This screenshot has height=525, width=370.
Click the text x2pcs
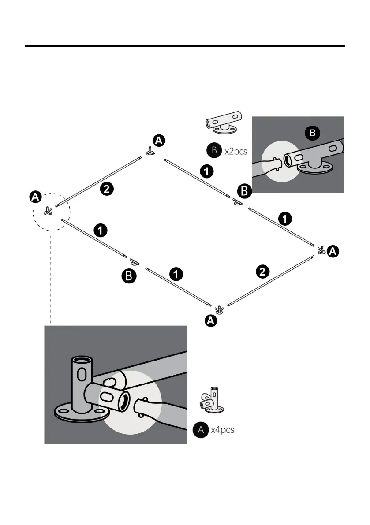(236, 151)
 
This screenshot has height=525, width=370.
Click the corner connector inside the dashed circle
(48, 211)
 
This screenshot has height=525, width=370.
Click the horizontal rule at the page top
(185, 46)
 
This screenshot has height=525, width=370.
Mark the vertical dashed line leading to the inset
(51, 278)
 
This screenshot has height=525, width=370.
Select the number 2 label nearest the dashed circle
(106, 189)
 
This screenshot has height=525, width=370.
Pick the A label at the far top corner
(159, 141)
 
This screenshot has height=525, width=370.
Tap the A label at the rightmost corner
(334, 252)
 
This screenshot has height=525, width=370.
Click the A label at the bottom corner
(211, 321)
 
